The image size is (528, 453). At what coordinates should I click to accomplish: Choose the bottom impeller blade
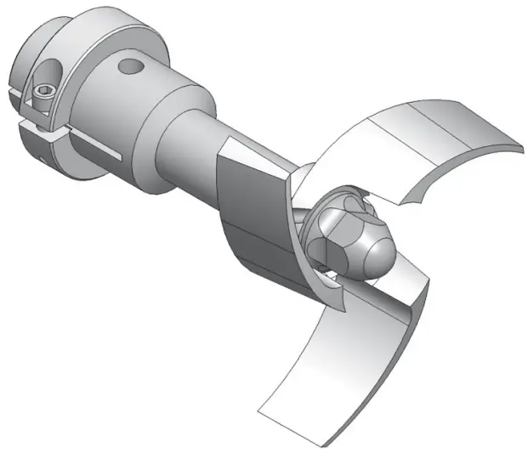pos(340,357)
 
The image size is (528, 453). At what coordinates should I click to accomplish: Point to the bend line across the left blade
pos(255,238)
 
